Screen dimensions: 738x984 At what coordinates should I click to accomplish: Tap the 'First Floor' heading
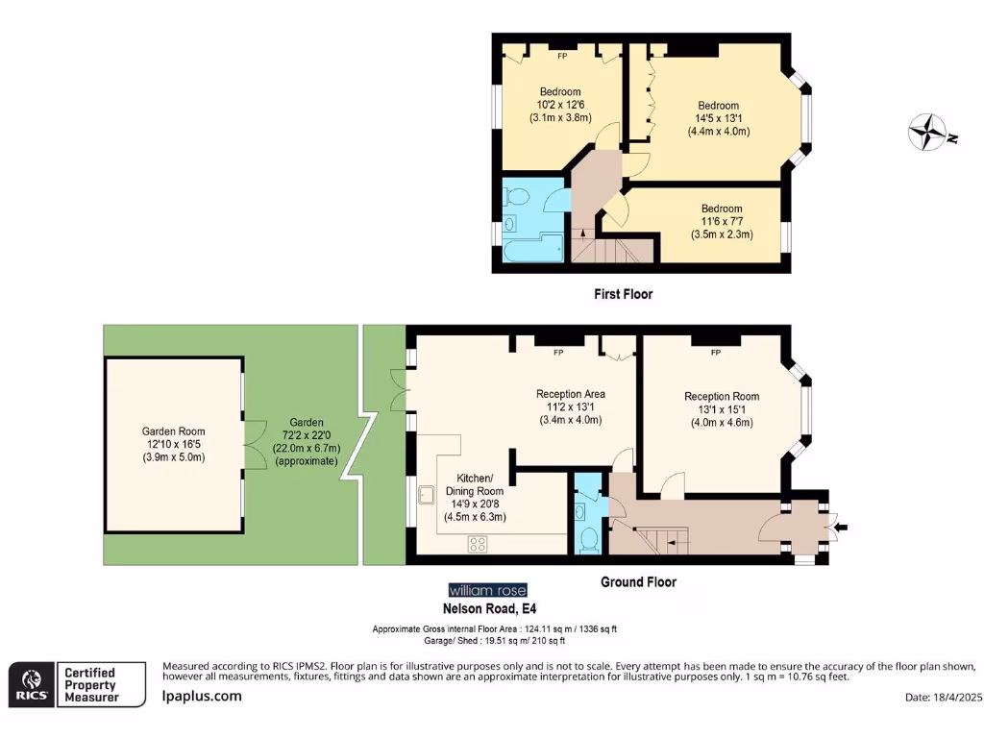click(x=623, y=294)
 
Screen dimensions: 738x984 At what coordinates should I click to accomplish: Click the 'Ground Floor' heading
click(x=638, y=582)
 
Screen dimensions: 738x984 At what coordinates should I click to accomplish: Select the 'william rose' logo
click(x=487, y=590)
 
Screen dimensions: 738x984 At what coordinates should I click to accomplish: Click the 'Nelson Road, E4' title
click(x=488, y=608)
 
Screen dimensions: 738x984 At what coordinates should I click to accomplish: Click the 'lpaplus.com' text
click(x=202, y=697)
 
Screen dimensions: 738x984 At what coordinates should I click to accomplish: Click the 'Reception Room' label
click(x=721, y=396)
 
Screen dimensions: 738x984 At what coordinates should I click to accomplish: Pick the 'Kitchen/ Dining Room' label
click(x=474, y=484)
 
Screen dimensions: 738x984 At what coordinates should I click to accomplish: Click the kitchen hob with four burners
click(x=478, y=544)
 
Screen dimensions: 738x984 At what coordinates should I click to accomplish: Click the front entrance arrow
click(x=840, y=527)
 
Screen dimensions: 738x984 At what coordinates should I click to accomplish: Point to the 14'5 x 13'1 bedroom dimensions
click(x=718, y=119)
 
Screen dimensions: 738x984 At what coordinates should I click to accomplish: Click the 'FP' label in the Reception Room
click(x=715, y=353)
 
